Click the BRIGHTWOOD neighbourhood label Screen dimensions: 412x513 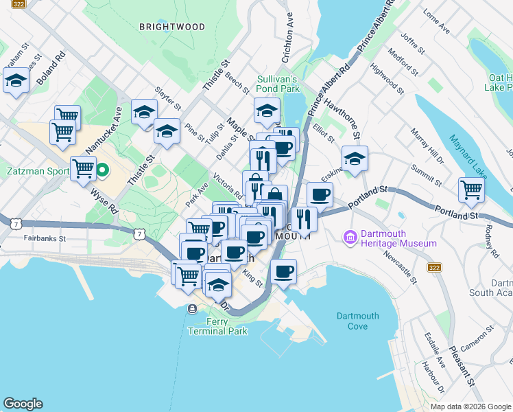click(x=171, y=27)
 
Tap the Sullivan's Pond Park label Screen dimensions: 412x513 click(x=278, y=84)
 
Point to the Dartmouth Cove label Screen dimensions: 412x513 click(x=357, y=321)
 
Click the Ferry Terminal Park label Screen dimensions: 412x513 click(x=217, y=326)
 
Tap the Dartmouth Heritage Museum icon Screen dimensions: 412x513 click(x=351, y=238)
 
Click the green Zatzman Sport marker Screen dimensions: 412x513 click(x=102, y=169)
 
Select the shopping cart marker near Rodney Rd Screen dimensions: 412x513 click(x=471, y=190)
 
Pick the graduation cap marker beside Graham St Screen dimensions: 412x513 click(x=15, y=80)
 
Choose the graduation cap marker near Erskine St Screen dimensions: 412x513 click(x=355, y=158)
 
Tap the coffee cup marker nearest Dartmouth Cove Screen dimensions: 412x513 click(x=283, y=271)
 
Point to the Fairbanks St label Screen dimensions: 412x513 click(x=43, y=239)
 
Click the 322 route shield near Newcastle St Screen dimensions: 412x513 click(x=433, y=266)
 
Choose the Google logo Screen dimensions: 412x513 click(x=23, y=404)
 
